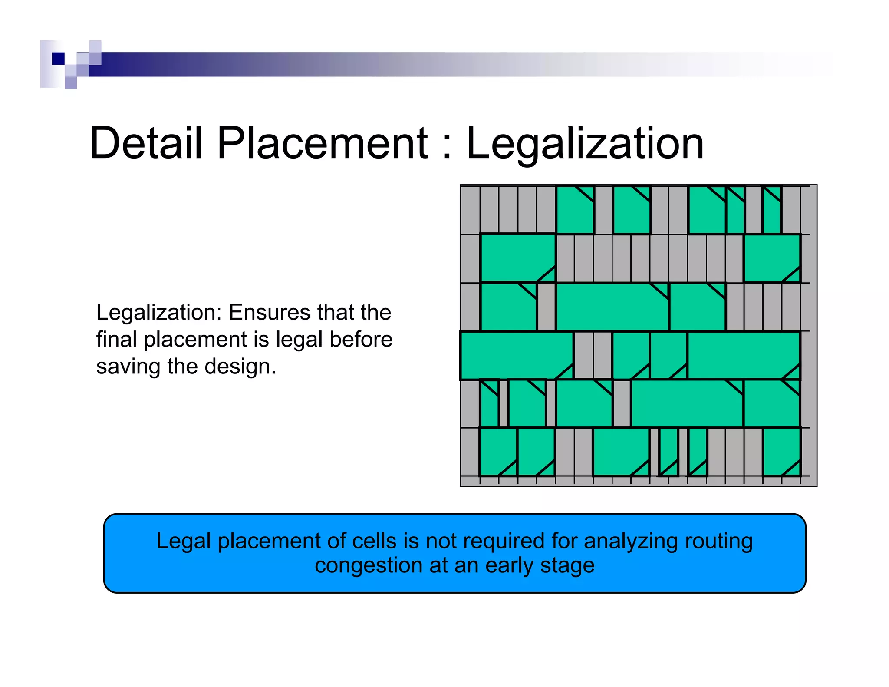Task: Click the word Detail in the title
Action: coord(146,143)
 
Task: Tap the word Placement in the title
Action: coord(322,143)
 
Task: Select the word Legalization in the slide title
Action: coord(584,143)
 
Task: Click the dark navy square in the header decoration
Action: coord(58,58)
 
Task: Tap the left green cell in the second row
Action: coord(517,257)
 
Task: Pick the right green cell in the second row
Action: coord(771,257)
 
